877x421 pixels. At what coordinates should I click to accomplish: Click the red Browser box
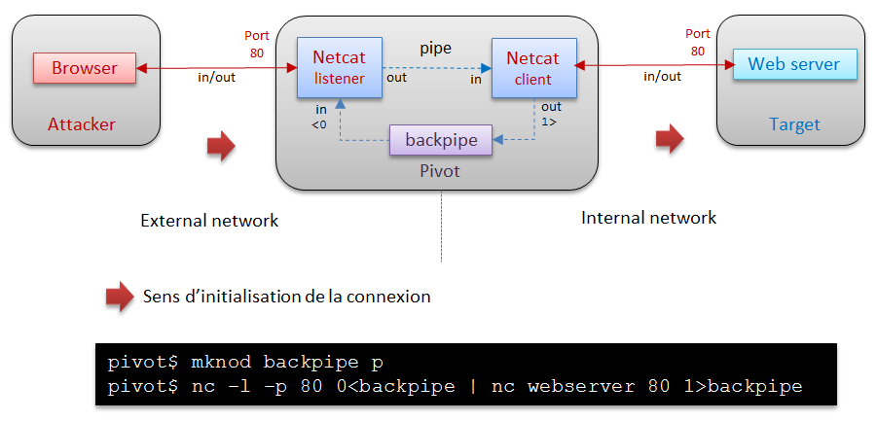pos(84,68)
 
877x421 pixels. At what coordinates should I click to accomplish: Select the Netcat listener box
pos(339,68)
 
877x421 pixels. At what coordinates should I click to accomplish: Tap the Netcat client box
pos(532,68)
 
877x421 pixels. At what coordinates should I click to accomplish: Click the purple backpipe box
pos(441,140)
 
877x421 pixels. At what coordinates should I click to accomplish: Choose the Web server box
pos(794,64)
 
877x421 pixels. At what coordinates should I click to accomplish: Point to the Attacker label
pos(82,124)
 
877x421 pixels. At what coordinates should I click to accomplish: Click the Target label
pos(794,124)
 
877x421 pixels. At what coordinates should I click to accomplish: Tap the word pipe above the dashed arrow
pos(435,47)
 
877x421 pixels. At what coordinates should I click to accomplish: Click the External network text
pos(209,221)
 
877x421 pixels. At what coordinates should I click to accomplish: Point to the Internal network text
pos(648,218)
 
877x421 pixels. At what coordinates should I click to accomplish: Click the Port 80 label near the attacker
pos(256,45)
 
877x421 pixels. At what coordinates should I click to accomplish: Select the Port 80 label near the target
pos(698,42)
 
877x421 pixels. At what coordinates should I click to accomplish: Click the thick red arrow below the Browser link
pos(221,146)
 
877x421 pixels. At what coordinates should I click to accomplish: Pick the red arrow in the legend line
pos(120,297)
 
